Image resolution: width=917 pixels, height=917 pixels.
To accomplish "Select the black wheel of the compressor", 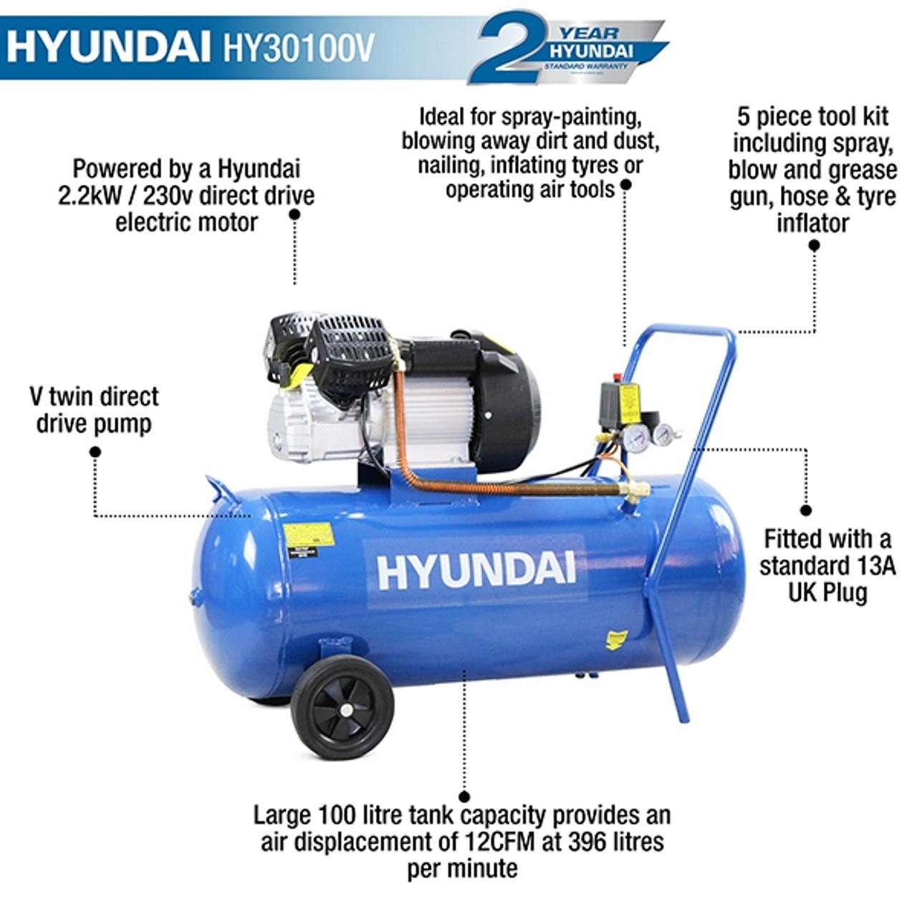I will point(342,708).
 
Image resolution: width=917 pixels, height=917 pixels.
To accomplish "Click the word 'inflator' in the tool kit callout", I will point(812,223).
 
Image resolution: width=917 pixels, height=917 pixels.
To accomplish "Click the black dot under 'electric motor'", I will point(294,213).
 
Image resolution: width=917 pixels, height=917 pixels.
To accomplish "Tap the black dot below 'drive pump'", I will point(95,451).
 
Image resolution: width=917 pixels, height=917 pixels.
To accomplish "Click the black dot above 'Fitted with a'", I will point(807,511).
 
